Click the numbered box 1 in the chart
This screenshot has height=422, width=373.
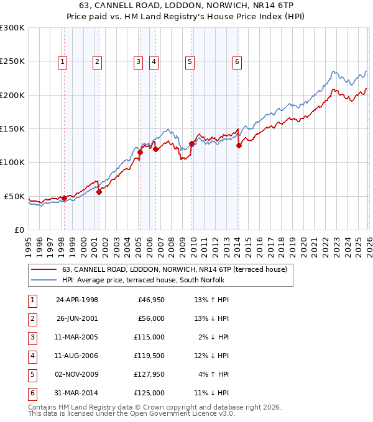pyautogui.click(x=63, y=61)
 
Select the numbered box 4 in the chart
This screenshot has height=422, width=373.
pyautogui.click(x=153, y=61)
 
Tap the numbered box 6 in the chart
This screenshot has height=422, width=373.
pyautogui.click(x=237, y=61)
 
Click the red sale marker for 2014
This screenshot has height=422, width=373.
pyautogui.click(x=239, y=146)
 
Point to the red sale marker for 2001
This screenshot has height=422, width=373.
pyautogui.click(x=99, y=192)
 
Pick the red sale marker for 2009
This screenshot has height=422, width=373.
pyautogui.click(x=191, y=143)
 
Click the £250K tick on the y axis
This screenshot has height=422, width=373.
pyautogui.click(x=12, y=61)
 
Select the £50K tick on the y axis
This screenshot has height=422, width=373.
pyautogui.click(x=14, y=196)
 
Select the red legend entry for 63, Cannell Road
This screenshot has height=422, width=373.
pyautogui.click(x=174, y=269)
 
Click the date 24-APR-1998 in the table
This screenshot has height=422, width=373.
pyautogui.click(x=77, y=300)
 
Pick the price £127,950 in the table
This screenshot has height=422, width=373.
pyautogui.click(x=149, y=375)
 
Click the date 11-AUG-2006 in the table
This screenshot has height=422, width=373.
pyautogui.click(x=77, y=356)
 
